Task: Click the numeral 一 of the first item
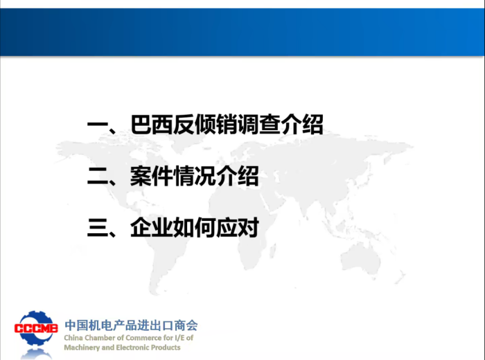[98, 124]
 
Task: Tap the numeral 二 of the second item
[98, 176]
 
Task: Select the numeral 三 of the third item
[98, 228]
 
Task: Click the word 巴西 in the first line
[151, 124]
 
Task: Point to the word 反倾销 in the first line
[204, 124]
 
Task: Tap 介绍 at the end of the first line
[302, 124]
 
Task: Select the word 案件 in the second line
[151, 176]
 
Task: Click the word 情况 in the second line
[194, 176]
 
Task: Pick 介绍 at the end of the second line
[237, 176]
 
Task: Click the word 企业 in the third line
[151, 228]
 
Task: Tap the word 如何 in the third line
[194, 228]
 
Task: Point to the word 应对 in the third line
[237, 228]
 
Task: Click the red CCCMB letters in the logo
[36, 328]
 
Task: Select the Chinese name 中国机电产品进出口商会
[131, 325]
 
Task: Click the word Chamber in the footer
[100, 338]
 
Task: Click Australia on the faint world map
[361, 258]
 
